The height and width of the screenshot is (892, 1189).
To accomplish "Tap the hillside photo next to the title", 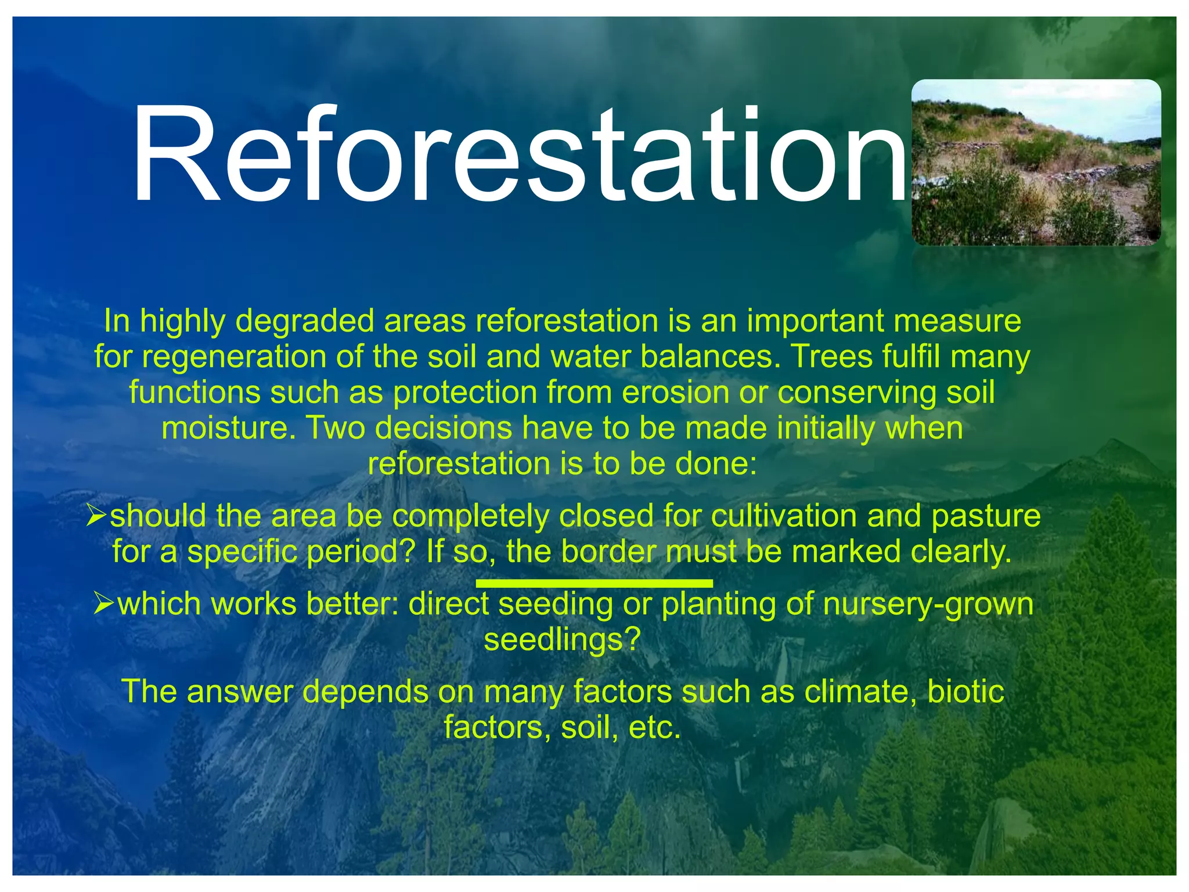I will tap(1036, 163).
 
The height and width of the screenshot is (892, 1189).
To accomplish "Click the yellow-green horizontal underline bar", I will tap(594, 582).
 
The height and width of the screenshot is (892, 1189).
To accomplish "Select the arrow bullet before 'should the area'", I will tap(96, 515).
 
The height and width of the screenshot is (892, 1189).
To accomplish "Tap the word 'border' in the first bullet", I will tap(608, 551).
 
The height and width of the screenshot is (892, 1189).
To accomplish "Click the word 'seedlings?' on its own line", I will tap(562, 639).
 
